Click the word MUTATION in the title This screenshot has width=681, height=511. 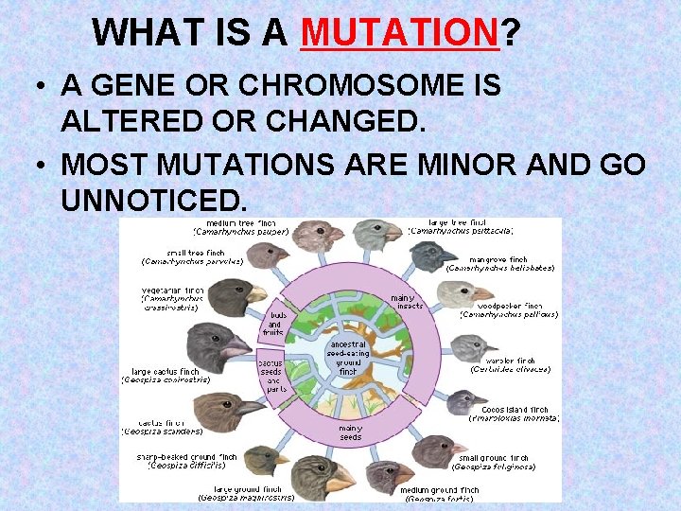(x=399, y=33)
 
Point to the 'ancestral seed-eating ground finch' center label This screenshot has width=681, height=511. (x=347, y=358)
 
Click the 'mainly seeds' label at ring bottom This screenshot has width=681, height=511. (x=350, y=432)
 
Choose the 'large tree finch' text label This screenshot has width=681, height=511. (x=463, y=224)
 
